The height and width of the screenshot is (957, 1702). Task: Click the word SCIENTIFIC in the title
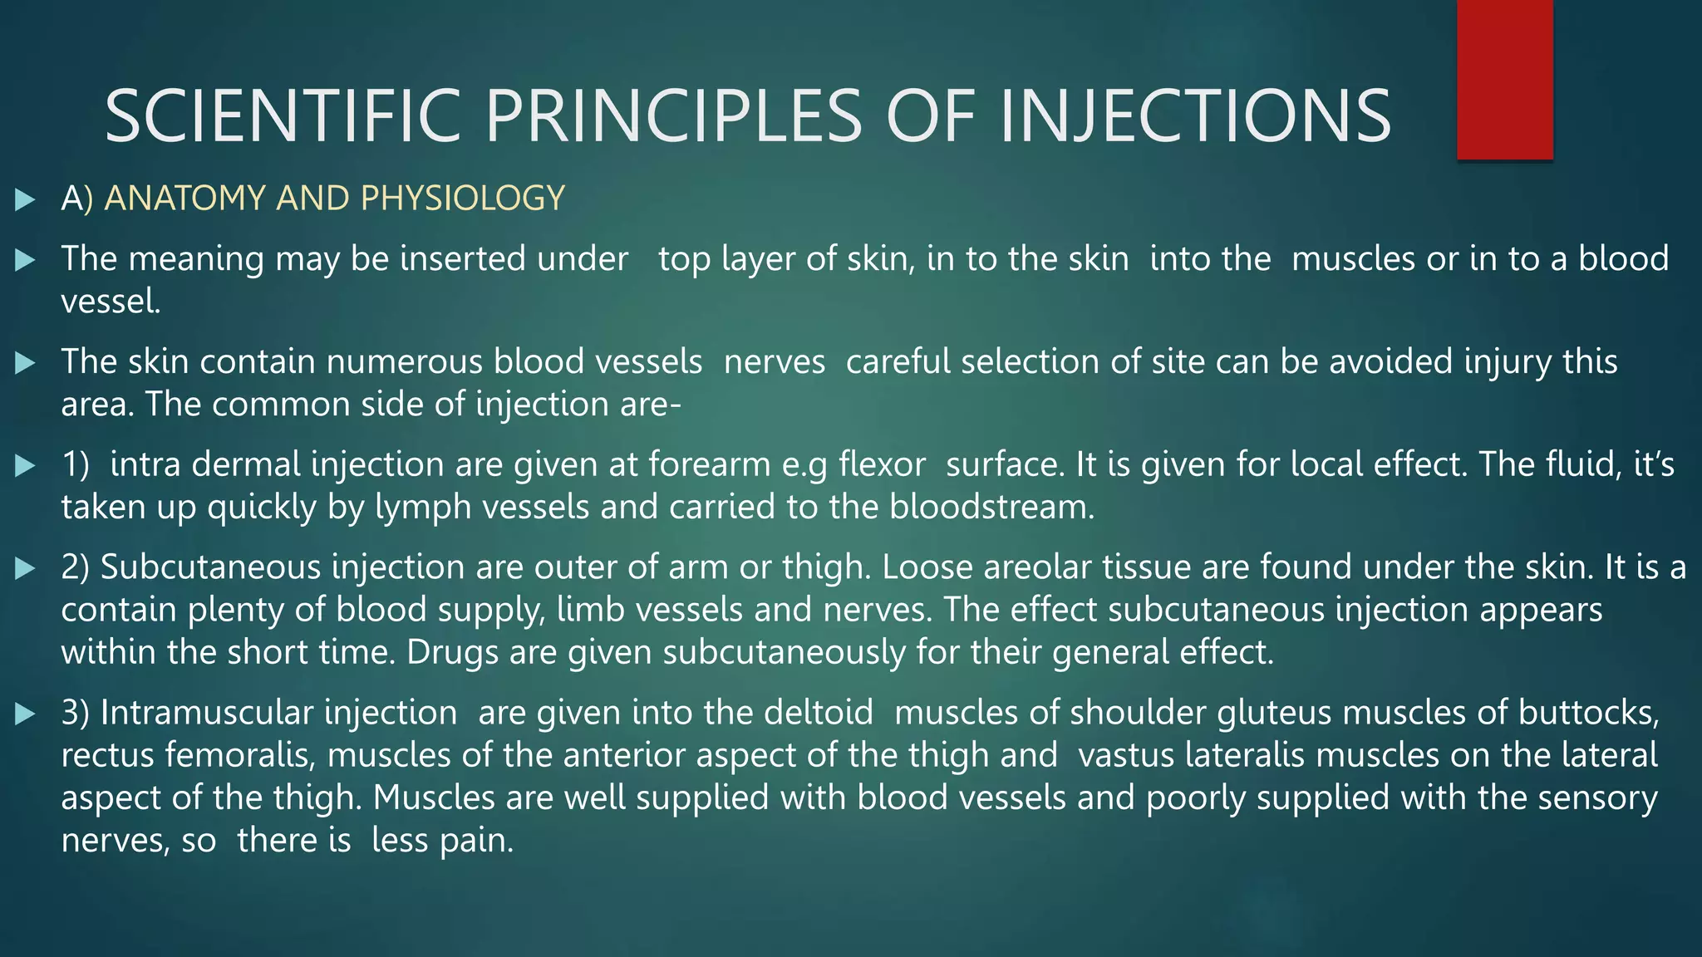pyautogui.click(x=283, y=116)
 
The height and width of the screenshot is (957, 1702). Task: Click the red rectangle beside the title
pyautogui.click(x=1504, y=80)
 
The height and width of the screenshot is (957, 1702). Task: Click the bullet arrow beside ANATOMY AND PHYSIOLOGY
pyautogui.click(x=25, y=199)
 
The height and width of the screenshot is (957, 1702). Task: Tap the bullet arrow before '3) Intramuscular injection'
pyautogui.click(x=25, y=714)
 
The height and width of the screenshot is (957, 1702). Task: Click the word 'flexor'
pyautogui.click(x=882, y=464)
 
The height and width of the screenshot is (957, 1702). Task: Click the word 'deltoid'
pyautogui.click(x=819, y=713)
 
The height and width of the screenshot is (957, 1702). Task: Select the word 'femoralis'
pyautogui.click(x=240, y=755)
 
